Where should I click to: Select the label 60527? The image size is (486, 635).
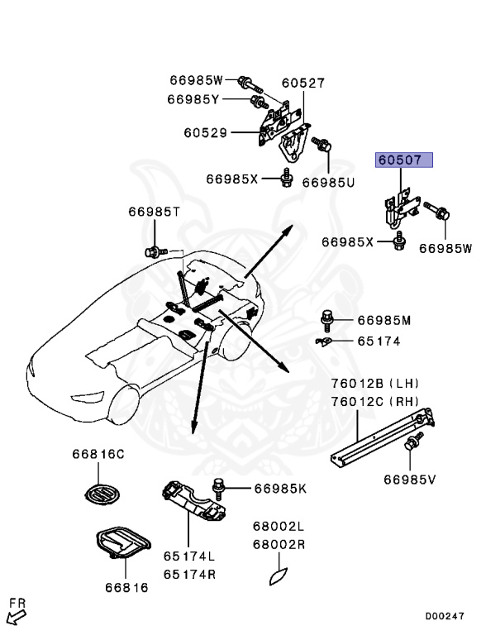pos(303,83)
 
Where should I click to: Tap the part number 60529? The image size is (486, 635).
pos(205,132)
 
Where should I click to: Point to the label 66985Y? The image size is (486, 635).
pos(193,99)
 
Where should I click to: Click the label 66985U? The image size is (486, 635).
pos(328,182)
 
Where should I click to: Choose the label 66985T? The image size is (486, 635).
pos(154,212)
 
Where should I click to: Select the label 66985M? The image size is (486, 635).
pos(384,320)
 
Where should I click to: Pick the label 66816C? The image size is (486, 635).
pos(97,454)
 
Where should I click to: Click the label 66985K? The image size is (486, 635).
pos(279,489)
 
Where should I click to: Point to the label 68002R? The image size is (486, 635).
pos(279,545)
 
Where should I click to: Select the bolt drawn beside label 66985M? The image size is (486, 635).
pos(328,318)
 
